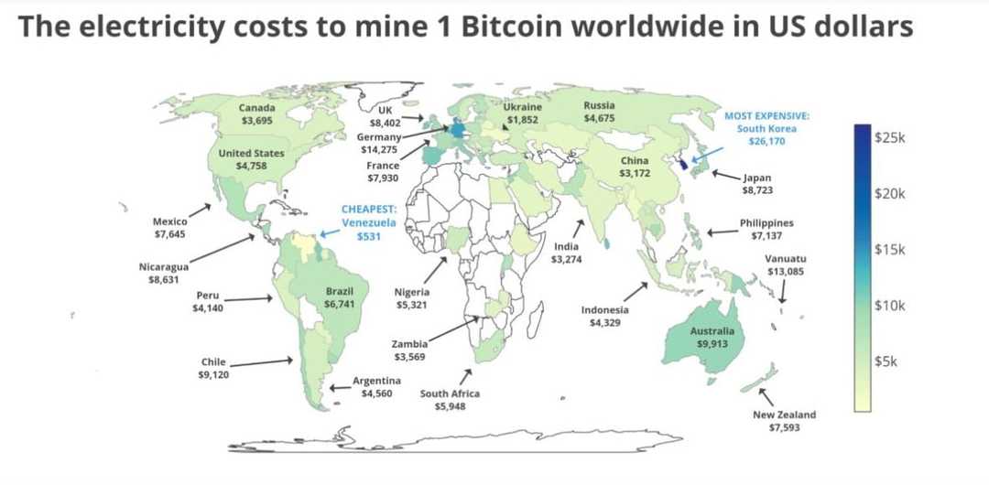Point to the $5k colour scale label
[886, 361]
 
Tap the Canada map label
[256, 107]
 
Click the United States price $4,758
[251, 166]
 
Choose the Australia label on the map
[713, 330]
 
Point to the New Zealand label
[784, 415]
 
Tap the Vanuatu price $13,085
[787, 272]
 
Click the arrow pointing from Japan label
[725, 175]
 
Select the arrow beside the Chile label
[261, 362]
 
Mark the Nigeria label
[413, 292]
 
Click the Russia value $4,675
[599, 118]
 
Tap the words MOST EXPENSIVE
[766, 116]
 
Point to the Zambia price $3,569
[408, 356]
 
